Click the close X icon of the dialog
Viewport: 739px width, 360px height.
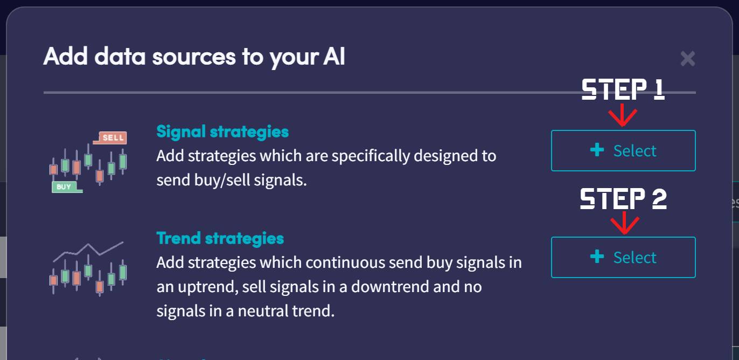pyautogui.click(x=687, y=58)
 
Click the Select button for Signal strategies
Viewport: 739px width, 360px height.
pyautogui.click(x=623, y=150)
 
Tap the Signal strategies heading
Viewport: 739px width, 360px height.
pyautogui.click(x=222, y=131)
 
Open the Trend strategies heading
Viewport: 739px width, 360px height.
pyautogui.click(x=220, y=238)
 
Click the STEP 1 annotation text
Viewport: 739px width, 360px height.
pyautogui.click(x=623, y=90)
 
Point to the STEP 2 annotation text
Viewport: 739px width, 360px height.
pyautogui.click(x=623, y=199)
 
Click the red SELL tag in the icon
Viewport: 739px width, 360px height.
pyautogui.click(x=113, y=137)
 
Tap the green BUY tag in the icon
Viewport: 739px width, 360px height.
pyautogui.click(x=64, y=187)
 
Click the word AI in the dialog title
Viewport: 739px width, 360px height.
pyautogui.click(x=334, y=57)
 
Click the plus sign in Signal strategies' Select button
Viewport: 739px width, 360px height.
pyautogui.click(x=597, y=150)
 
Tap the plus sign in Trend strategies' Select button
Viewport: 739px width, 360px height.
pyautogui.click(x=597, y=257)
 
